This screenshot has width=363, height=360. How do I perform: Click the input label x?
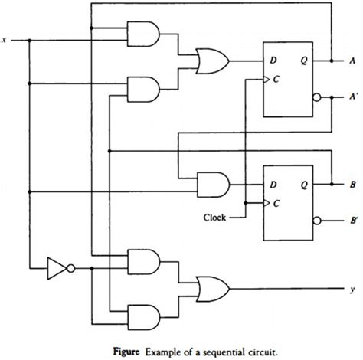(x=5, y=39)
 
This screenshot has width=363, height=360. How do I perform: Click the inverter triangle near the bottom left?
(x=57, y=268)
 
